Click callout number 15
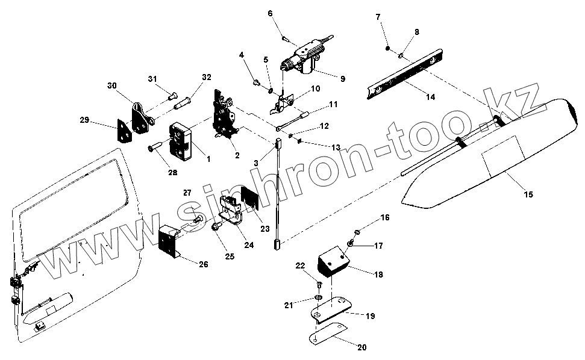[528, 194]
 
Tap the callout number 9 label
[342, 78]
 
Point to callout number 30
[111, 86]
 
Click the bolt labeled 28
[155, 146]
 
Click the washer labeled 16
[358, 231]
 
